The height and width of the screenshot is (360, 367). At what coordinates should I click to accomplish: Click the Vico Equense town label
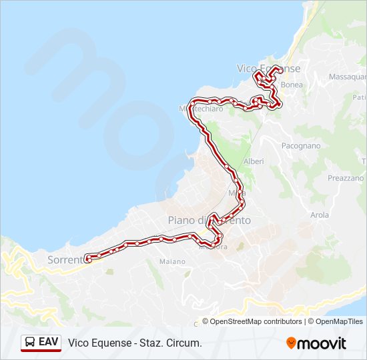[x=269, y=69]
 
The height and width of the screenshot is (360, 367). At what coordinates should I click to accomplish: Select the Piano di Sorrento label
[x=209, y=220]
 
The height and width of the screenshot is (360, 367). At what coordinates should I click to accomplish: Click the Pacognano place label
[x=301, y=145]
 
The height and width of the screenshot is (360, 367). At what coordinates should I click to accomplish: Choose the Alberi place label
[x=254, y=161]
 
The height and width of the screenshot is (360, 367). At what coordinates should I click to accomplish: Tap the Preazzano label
[x=346, y=178]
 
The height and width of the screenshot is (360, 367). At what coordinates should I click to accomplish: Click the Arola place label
[x=320, y=215]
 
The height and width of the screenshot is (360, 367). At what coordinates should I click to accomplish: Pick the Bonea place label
[x=292, y=85]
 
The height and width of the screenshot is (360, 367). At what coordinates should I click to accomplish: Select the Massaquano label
[x=347, y=77]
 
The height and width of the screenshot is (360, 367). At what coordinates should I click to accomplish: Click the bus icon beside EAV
[x=30, y=343]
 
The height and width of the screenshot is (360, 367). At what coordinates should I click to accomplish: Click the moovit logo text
[x=322, y=343]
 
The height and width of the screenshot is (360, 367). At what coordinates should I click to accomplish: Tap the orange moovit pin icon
[x=291, y=343]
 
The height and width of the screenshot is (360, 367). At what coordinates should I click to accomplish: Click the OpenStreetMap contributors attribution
[x=256, y=321]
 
